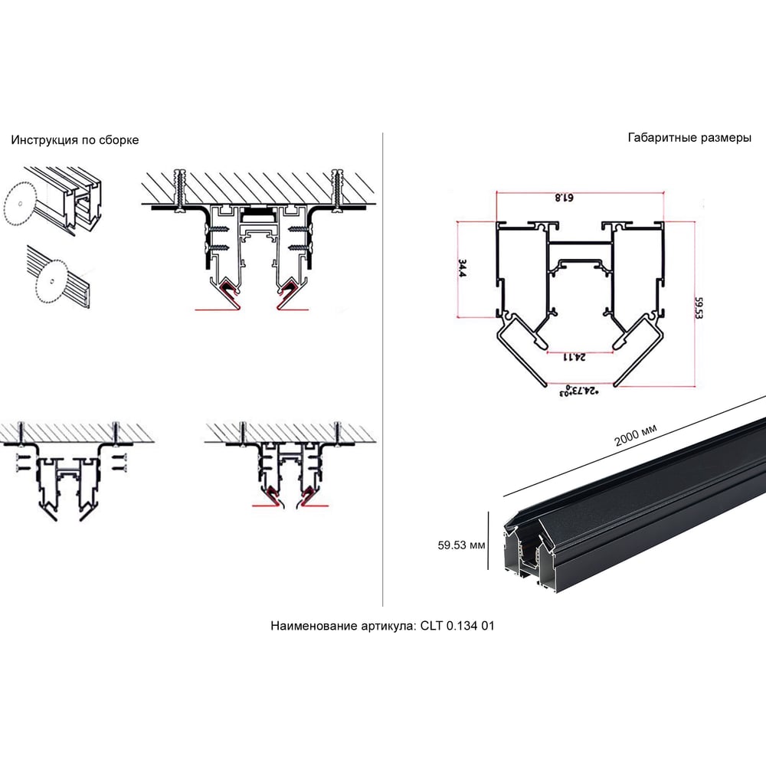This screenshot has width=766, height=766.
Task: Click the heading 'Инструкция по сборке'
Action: tap(75, 140)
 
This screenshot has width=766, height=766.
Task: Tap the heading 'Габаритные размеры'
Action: tap(689, 138)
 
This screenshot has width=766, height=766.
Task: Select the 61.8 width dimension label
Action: tap(565, 198)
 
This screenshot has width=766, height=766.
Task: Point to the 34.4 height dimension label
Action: tap(462, 269)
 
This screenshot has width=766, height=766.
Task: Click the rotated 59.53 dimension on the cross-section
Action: tap(699, 308)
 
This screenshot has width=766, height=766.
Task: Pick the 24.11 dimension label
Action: tap(574, 357)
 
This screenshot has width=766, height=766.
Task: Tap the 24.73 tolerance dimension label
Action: tap(579, 391)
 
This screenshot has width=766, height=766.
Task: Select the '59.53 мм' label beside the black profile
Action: tap(461, 545)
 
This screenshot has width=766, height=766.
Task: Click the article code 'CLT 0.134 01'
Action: tap(457, 626)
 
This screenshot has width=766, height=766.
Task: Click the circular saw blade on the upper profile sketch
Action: tap(20, 203)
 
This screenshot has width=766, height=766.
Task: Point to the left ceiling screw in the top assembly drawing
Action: tap(182, 191)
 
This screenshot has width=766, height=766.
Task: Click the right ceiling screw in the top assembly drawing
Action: tap(336, 191)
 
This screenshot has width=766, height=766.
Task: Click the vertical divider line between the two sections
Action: tap(382, 369)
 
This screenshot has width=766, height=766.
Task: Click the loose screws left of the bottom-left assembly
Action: tap(22, 463)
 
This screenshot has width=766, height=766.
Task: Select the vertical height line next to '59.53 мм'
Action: tap(488, 540)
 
